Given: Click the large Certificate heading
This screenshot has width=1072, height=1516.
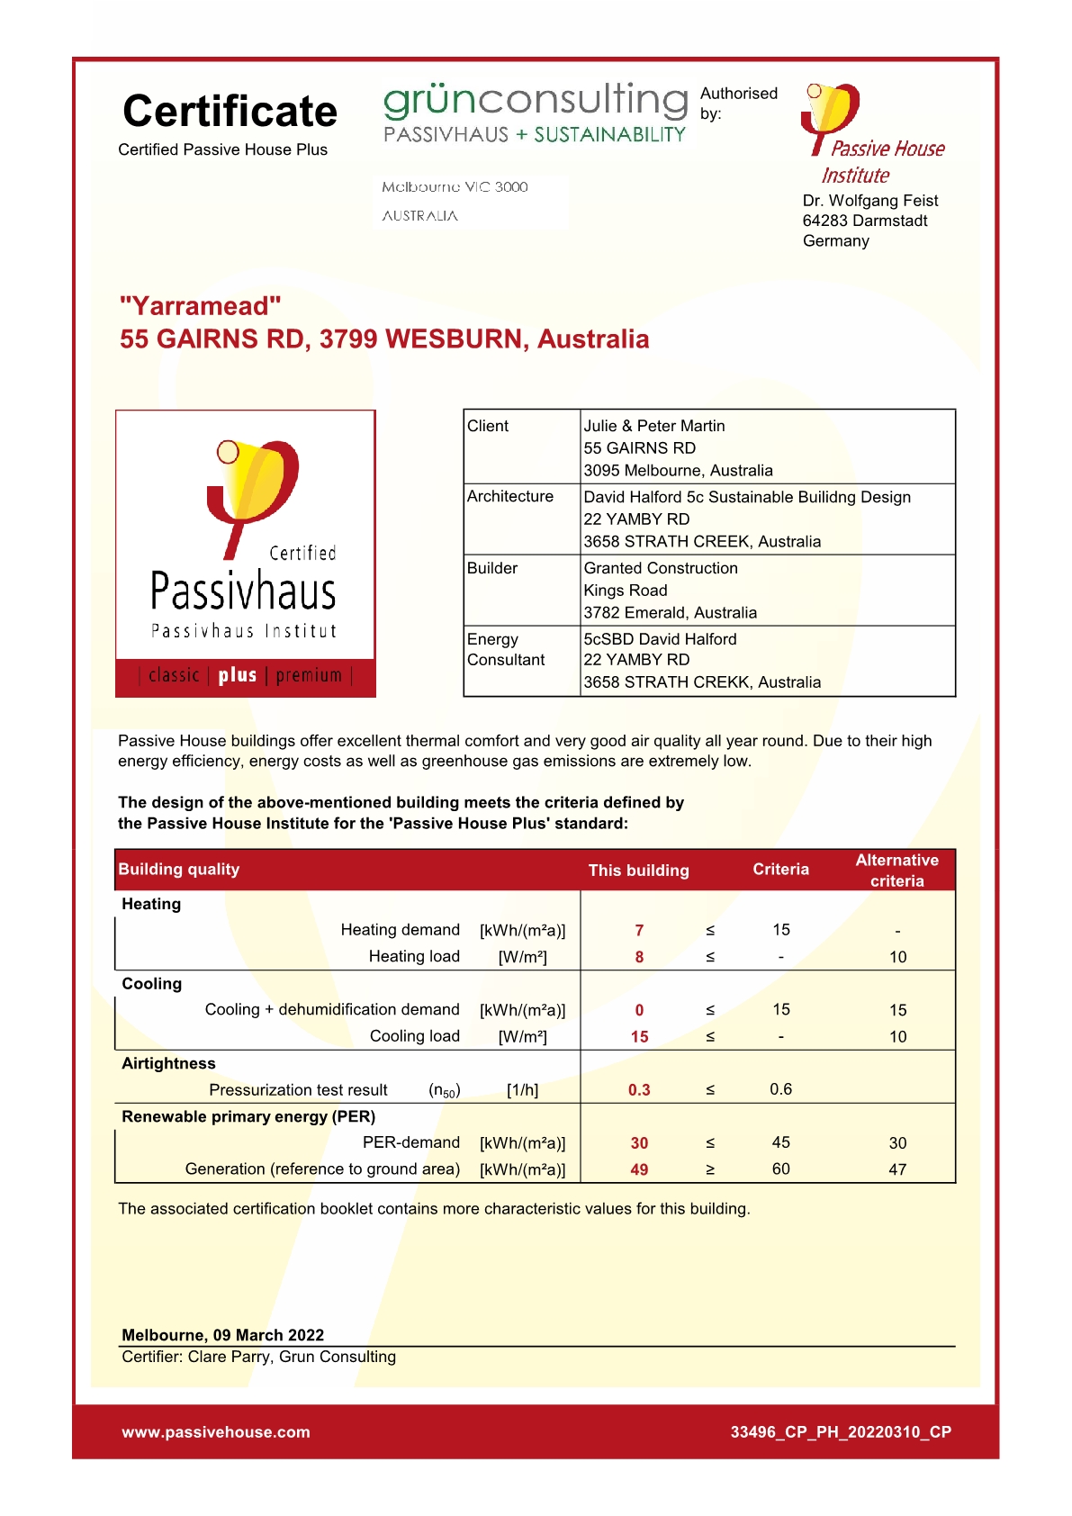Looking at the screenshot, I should [230, 112].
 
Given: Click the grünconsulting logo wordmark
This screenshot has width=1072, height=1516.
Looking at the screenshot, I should [536, 100].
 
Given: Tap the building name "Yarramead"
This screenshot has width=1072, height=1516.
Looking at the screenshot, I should [201, 306].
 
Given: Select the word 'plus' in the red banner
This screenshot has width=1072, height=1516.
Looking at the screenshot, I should [238, 675].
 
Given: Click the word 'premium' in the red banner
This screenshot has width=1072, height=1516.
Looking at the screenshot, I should [309, 675].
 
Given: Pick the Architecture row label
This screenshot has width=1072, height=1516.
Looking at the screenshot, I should [509, 497].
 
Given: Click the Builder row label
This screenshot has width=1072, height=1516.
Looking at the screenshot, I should [492, 568].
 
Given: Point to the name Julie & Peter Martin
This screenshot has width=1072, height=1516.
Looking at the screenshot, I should [653, 426].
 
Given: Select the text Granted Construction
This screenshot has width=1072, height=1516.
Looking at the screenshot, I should [661, 568].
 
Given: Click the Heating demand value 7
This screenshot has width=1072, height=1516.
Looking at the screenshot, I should [639, 931].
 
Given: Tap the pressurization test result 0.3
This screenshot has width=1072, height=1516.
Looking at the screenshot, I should [639, 1090].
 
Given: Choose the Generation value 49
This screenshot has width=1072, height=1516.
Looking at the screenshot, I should [639, 1169].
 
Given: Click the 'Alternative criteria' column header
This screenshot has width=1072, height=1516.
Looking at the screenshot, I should [896, 871].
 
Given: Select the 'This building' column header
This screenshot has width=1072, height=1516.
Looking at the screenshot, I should [638, 871].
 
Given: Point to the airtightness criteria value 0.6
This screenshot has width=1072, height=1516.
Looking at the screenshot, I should [780, 1089].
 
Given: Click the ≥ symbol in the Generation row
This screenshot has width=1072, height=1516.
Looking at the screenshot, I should [710, 1169].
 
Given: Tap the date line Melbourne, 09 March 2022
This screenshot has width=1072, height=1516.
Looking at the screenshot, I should [222, 1335].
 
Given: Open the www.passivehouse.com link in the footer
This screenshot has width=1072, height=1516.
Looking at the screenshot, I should [216, 1432].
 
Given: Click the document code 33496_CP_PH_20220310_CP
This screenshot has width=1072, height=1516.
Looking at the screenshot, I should [841, 1432].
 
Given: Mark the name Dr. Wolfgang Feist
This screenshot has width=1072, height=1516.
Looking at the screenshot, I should [869, 201].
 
